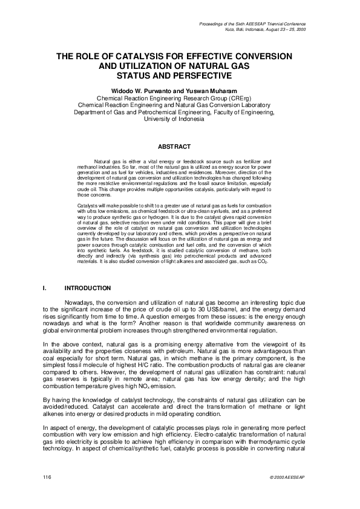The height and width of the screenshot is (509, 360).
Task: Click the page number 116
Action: (46, 478)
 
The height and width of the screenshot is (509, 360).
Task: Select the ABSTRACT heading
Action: (174, 146)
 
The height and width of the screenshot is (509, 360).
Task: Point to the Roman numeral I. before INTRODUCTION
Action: (45, 287)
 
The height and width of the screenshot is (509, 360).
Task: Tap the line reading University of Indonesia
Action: (174, 118)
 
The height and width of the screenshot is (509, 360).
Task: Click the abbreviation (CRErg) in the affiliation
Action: (237, 97)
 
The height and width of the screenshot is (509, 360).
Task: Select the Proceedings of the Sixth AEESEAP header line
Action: (261, 24)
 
